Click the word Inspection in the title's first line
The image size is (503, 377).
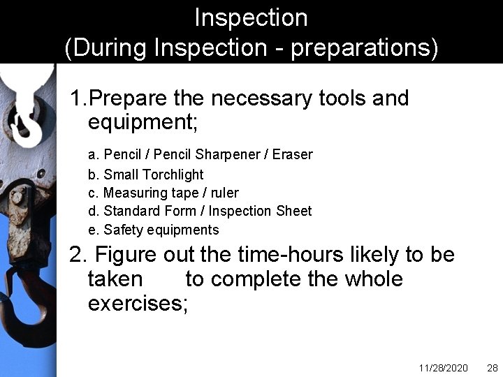point(251,17)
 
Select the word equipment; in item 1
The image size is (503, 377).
point(143,123)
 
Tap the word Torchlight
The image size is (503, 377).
point(171,175)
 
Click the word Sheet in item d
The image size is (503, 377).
point(295,211)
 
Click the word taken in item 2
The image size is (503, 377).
point(115,279)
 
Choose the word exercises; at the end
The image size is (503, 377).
point(138,304)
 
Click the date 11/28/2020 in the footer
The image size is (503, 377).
point(444,367)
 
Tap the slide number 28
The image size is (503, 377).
point(492,367)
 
